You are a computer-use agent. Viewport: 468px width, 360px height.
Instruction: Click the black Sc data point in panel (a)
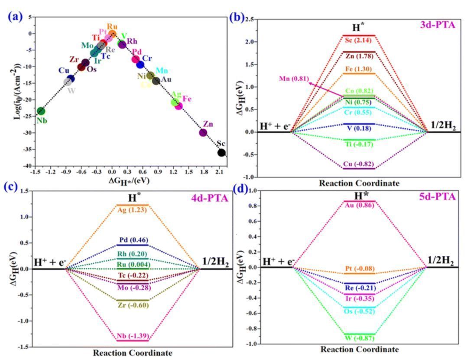[x=221, y=153]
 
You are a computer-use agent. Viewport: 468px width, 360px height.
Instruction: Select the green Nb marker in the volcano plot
[x=41, y=111]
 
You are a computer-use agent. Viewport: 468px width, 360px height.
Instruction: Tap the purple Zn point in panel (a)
[x=203, y=132]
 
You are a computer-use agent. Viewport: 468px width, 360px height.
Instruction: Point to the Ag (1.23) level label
[x=133, y=210]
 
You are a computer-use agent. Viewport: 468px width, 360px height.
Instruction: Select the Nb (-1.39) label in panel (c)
[x=133, y=336]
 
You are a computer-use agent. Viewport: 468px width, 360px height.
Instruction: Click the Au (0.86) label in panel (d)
[x=359, y=206]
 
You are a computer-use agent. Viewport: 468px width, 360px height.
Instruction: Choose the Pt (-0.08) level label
[x=359, y=268]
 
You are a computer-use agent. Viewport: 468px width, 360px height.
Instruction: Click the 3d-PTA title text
[x=437, y=25]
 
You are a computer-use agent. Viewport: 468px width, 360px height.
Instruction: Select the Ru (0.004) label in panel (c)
[x=133, y=265]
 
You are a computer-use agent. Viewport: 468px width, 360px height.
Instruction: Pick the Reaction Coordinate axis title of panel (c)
[x=132, y=353]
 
